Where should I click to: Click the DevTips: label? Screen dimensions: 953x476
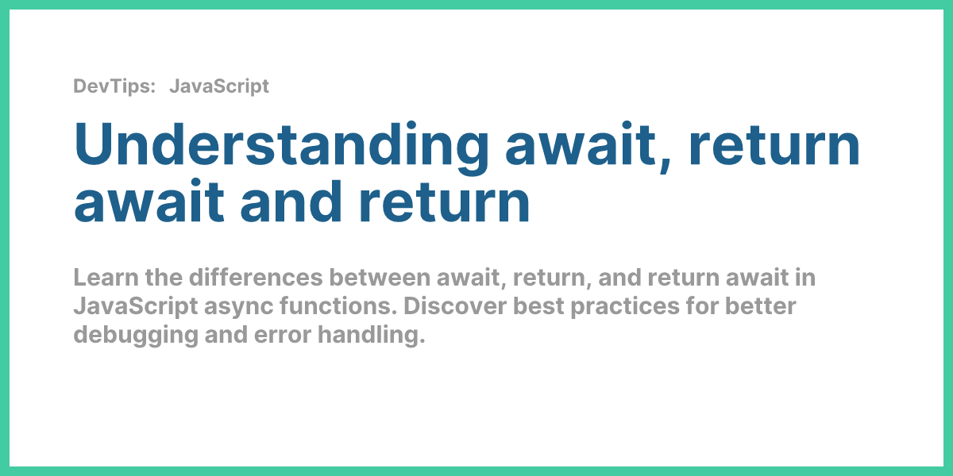point(114,86)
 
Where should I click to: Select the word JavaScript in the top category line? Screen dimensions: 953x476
point(219,86)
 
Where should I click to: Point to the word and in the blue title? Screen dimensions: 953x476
point(291,202)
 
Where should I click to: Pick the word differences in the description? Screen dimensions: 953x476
point(256,278)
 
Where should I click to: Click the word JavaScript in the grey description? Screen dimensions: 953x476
point(136,306)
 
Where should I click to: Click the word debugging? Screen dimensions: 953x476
point(136,336)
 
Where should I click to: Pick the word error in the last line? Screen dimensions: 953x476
point(283,336)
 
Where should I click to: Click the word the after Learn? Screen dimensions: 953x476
point(164,278)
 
